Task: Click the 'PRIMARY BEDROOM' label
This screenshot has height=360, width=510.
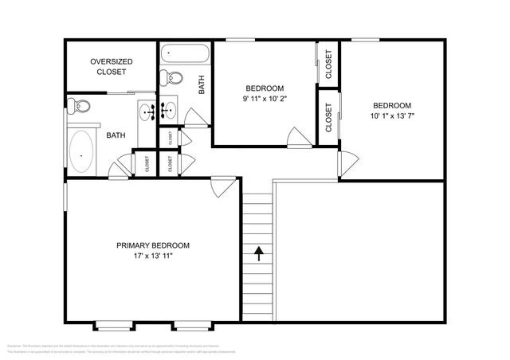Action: (x=152, y=245)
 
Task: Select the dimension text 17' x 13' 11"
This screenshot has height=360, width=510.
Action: (x=152, y=257)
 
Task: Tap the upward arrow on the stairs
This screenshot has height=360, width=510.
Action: (x=259, y=254)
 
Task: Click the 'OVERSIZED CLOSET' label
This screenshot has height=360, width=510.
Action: (x=111, y=66)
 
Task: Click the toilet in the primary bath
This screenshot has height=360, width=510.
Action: (x=78, y=105)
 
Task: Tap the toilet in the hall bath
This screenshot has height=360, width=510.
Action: (x=171, y=78)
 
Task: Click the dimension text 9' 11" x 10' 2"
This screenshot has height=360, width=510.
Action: (x=264, y=100)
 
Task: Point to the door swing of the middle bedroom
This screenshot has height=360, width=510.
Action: (x=298, y=137)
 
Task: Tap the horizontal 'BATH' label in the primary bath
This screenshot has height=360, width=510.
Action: (x=116, y=135)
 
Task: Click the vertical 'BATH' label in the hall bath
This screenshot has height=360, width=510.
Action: (x=202, y=84)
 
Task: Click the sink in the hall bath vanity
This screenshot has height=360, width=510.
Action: (x=170, y=110)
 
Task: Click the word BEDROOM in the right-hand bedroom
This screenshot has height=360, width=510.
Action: (x=392, y=106)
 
